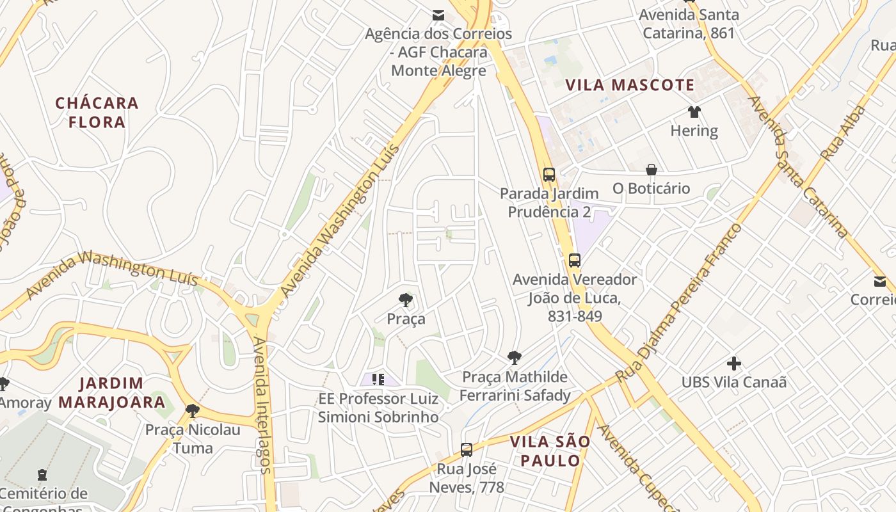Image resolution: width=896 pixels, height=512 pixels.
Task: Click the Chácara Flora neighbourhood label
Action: pyautogui.click(x=97, y=112)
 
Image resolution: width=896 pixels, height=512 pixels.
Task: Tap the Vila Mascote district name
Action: pyautogui.click(x=630, y=85)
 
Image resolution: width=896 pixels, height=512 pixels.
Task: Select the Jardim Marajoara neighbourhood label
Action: pyautogui.click(x=122, y=393)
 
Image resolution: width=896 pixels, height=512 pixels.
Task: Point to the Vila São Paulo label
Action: pyautogui.click(x=550, y=451)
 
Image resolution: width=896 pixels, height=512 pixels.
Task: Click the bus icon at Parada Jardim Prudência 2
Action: pyautogui.click(x=549, y=175)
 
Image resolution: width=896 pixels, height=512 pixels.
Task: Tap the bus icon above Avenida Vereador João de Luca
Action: pyautogui.click(x=575, y=260)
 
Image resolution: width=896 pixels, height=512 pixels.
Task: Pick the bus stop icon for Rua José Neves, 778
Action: pyautogui.click(x=467, y=450)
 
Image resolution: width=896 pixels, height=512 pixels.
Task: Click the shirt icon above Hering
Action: pyautogui.click(x=694, y=112)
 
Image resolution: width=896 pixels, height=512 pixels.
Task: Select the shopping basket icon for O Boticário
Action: pyautogui.click(x=652, y=170)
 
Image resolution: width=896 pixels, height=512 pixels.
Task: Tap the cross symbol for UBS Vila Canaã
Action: pyautogui.click(x=734, y=364)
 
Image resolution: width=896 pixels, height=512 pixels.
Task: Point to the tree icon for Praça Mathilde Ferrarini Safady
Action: pyautogui.click(x=514, y=358)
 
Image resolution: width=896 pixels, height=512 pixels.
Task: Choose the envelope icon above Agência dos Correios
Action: pyautogui.click(x=438, y=15)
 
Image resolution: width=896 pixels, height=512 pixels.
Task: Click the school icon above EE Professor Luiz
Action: pyautogui.click(x=378, y=380)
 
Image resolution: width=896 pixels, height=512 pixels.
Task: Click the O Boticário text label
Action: pyautogui.click(x=652, y=188)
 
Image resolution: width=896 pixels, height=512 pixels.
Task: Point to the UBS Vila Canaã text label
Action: pyautogui.click(x=734, y=382)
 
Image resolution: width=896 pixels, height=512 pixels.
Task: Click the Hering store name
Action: pyautogui.click(x=694, y=131)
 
